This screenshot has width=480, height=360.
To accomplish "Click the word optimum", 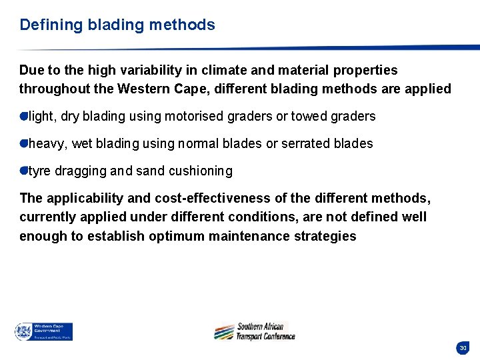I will coord(175,236).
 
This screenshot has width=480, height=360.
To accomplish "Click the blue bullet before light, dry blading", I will coord(23,117).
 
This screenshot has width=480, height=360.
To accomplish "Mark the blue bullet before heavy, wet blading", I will coord(23,143).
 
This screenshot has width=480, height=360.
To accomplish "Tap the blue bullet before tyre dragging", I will coord(23,171).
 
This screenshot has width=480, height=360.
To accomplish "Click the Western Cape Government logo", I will coord(43,331).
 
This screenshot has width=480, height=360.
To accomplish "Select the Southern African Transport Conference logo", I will coord(254,331).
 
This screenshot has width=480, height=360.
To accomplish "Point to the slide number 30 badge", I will coord(463,347).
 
